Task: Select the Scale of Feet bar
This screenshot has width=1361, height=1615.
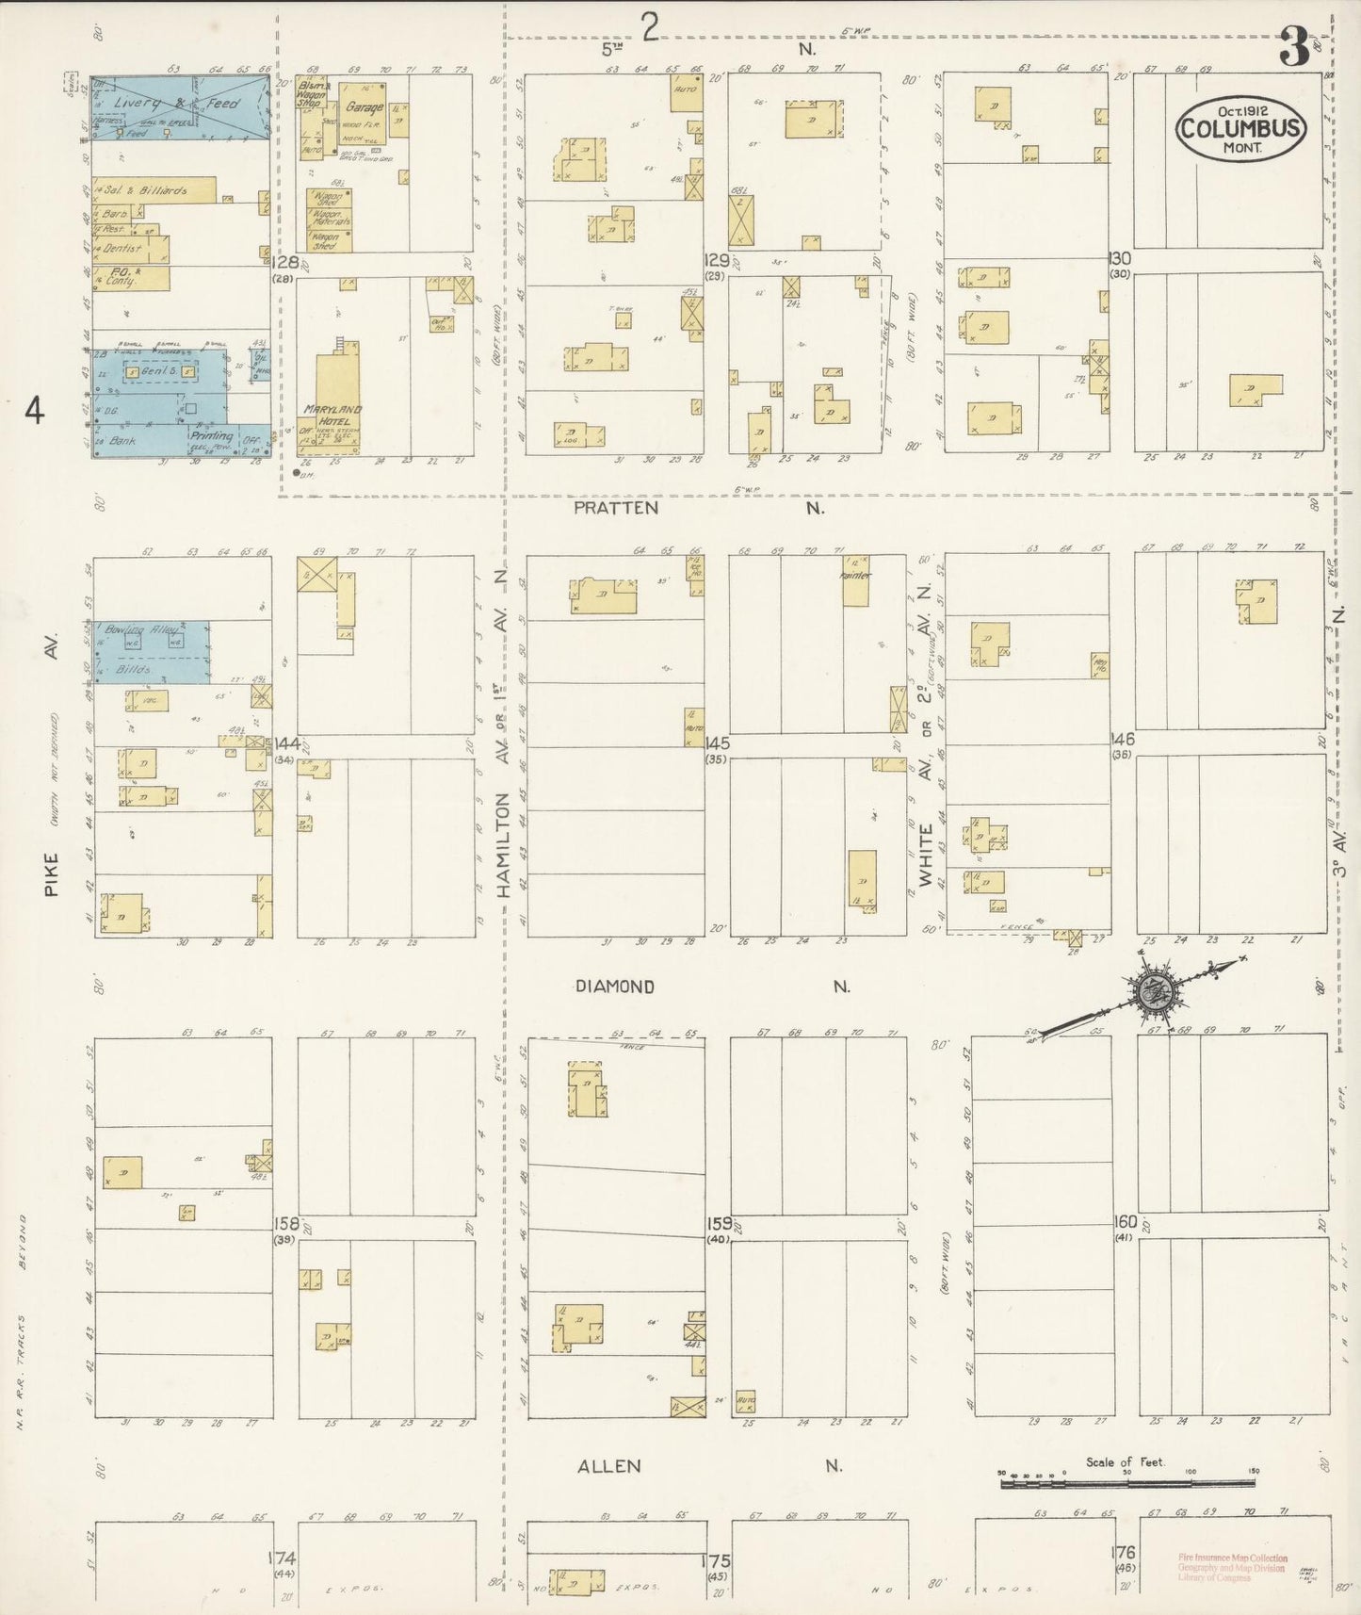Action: point(1126,1484)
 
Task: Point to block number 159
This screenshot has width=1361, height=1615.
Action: point(720,1223)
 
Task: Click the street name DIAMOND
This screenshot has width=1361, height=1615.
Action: point(615,987)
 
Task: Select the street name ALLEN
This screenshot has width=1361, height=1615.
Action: point(609,1465)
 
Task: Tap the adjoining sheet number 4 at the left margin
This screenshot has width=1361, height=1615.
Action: point(35,412)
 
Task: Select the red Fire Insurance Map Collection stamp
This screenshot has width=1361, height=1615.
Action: point(1232,1568)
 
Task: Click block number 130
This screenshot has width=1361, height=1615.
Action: point(1119,258)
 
